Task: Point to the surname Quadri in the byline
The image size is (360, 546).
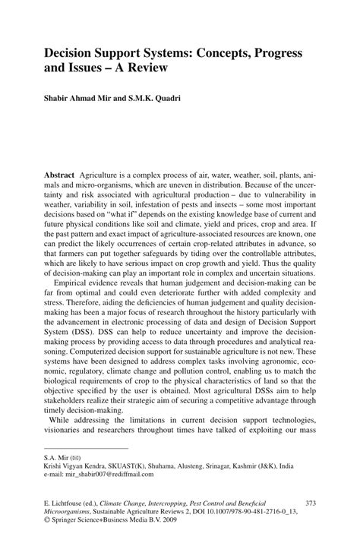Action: click(x=189, y=97)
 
